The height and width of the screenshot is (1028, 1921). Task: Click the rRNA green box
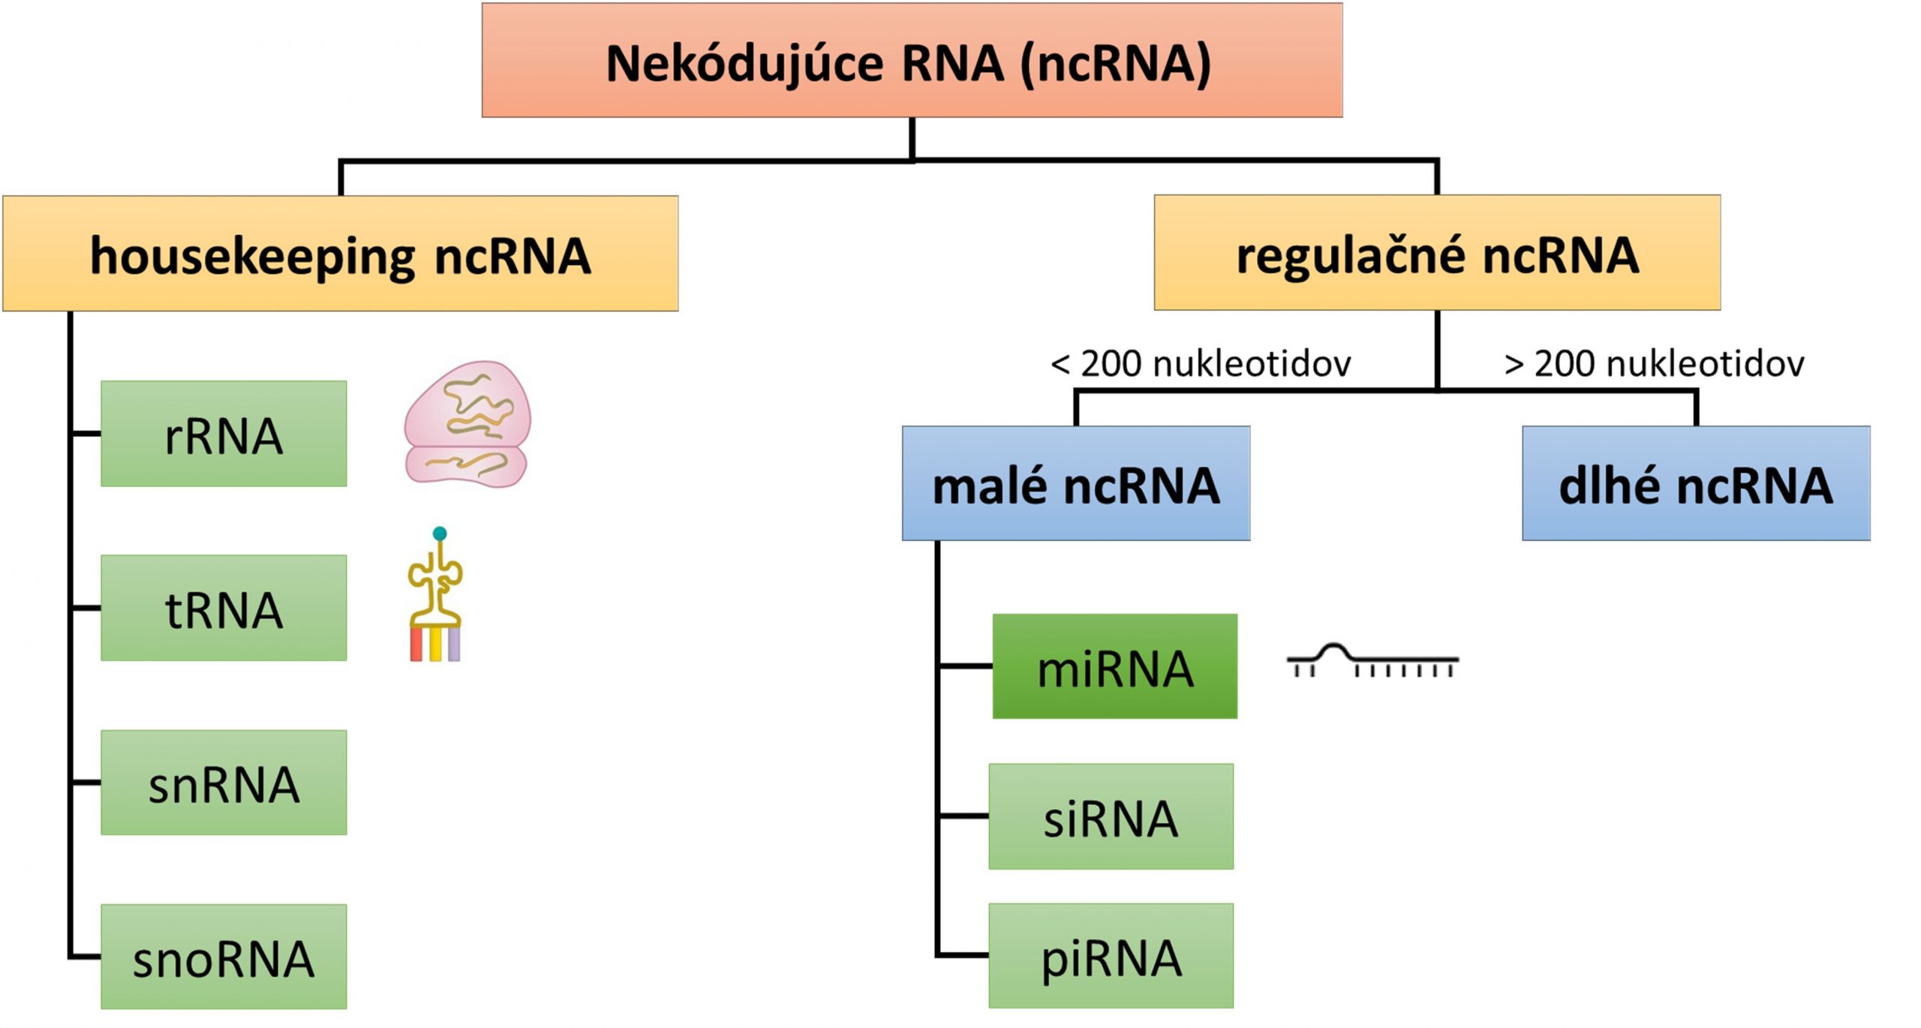(x=224, y=434)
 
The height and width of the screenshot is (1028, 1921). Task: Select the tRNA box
(x=224, y=609)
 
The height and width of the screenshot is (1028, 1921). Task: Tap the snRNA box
(x=224, y=783)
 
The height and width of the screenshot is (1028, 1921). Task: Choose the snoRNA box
(x=224, y=957)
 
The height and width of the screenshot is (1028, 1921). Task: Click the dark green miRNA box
(x=1114, y=667)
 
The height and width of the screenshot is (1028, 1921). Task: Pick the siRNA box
(x=1111, y=816)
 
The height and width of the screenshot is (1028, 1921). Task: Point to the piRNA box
(x=1111, y=956)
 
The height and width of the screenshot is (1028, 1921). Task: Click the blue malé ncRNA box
(x=1075, y=484)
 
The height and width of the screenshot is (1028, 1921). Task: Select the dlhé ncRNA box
(x=1695, y=484)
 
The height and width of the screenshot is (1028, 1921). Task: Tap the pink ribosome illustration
(x=467, y=425)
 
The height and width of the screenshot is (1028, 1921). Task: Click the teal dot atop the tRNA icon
(x=440, y=534)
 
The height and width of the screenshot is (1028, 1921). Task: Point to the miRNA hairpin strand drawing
(x=1372, y=660)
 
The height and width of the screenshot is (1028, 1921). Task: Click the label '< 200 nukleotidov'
(x=1201, y=364)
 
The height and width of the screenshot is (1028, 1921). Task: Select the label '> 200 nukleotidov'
(x=1654, y=364)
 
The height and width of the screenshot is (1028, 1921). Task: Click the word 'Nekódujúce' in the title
(x=744, y=63)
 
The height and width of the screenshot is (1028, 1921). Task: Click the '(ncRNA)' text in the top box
(x=1115, y=63)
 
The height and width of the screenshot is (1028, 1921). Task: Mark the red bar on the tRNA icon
(x=416, y=645)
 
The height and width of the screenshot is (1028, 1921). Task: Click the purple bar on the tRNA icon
(x=454, y=645)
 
